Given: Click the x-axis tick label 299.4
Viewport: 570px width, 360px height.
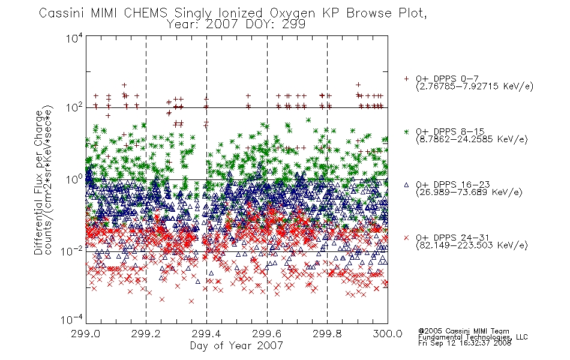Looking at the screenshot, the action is pyautogui.click(x=206, y=334).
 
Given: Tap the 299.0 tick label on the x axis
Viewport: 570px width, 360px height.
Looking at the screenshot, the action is pyautogui.click(x=86, y=334).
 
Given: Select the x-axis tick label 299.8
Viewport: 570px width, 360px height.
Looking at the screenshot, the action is pyautogui.click(x=327, y=334).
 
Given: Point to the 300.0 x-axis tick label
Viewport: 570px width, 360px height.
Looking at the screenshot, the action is pyautogui.click(x=388, y=334).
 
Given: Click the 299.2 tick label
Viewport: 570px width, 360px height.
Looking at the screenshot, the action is pyautogui.click(x=146, y=334).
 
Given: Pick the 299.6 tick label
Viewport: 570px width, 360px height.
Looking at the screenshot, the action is pyautogui.click(x=267, y=334).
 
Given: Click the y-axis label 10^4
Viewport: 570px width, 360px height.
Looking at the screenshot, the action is pyautogui.click(x=74, y=38).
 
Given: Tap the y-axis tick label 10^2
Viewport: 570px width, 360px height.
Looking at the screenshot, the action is pyautogui.click(x=74, y=107).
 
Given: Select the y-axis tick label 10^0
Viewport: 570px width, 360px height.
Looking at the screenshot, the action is pyautogui.click(x=74, y=179).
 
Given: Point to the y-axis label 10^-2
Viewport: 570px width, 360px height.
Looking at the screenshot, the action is pyautogui.click(x=73, y=251).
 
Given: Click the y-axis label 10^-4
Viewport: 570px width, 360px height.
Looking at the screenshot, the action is pyautogui.click(x=72, y=319).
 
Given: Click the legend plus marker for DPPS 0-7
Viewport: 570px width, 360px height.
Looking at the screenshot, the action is pyautogui.click(x=406, y=79).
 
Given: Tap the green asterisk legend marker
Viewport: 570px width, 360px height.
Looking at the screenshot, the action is pyautogui.click(x=406, y=131).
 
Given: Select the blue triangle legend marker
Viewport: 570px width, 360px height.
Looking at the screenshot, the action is pyautogui.click(x=406, y=185).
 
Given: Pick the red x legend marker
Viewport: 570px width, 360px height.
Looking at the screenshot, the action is pyautogui.click(x=406, y=238).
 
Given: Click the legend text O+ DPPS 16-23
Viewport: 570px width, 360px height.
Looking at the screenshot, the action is pyautogui.click(x=453, y=184).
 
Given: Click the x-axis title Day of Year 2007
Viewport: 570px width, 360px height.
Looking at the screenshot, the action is pyautogui.click(x=236, y=346).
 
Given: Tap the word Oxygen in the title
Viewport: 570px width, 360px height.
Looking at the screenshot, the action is pyautogui.click(x=292, y=14).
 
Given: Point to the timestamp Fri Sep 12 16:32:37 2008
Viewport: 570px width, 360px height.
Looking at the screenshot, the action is pyautogui.click(x=464, y=343).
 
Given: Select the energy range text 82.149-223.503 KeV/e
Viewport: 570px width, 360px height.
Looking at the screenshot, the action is pyautogui.click(x=472, y=245).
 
